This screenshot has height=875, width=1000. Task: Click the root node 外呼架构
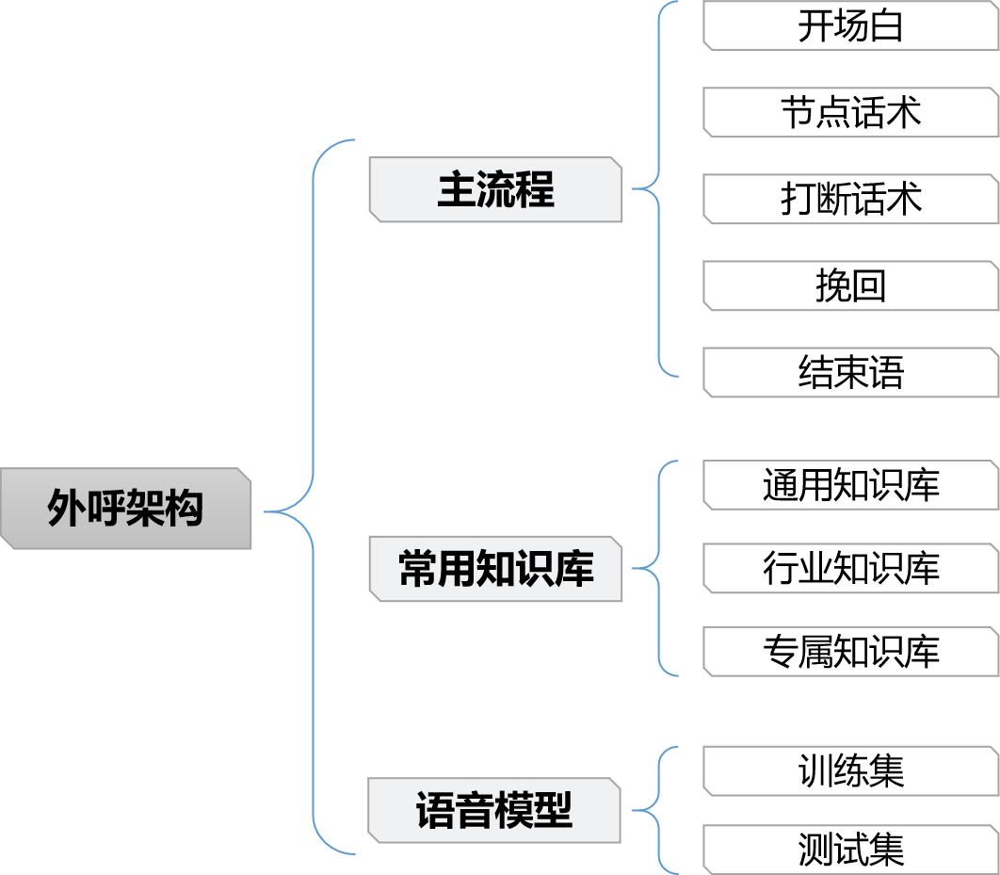point(125,509)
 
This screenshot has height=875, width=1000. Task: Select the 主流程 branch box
point(495,189)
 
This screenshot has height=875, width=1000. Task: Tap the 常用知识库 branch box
point(495,569)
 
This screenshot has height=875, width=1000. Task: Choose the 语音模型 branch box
point(494,810)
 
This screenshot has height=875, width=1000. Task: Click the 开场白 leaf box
point(850,25)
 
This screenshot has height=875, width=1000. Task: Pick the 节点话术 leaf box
point(850,112)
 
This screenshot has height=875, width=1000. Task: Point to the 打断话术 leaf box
point(850,199)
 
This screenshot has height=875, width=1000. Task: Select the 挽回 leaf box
point(850,285)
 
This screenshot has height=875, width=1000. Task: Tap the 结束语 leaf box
point(850,372)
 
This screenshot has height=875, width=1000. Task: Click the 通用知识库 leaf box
point(850,485)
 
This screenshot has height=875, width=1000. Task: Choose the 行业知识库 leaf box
point(850,569)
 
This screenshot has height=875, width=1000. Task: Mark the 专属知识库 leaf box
point(850,652)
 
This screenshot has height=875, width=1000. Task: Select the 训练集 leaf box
point(850,770)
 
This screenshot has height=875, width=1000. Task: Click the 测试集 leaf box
point(850,849)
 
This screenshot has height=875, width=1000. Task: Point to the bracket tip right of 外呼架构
point(266,511)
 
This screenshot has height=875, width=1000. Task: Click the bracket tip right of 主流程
point(634,188)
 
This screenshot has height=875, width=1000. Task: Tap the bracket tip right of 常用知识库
point(634,568)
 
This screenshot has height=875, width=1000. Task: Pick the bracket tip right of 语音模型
point(634,810)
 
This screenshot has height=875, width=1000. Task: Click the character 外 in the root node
point(66,509)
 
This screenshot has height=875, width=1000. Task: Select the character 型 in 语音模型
point(554,810)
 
